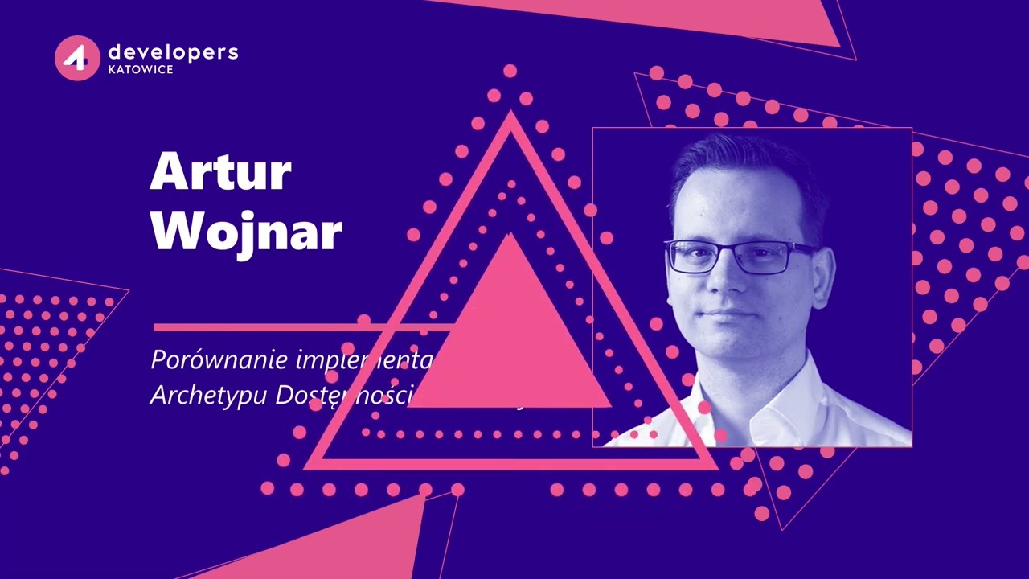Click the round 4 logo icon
coord(77,58)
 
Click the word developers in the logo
coord(173,52)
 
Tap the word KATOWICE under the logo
coord(140,70)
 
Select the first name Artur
coord(220,170)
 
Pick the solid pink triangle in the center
coord(510,338)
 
